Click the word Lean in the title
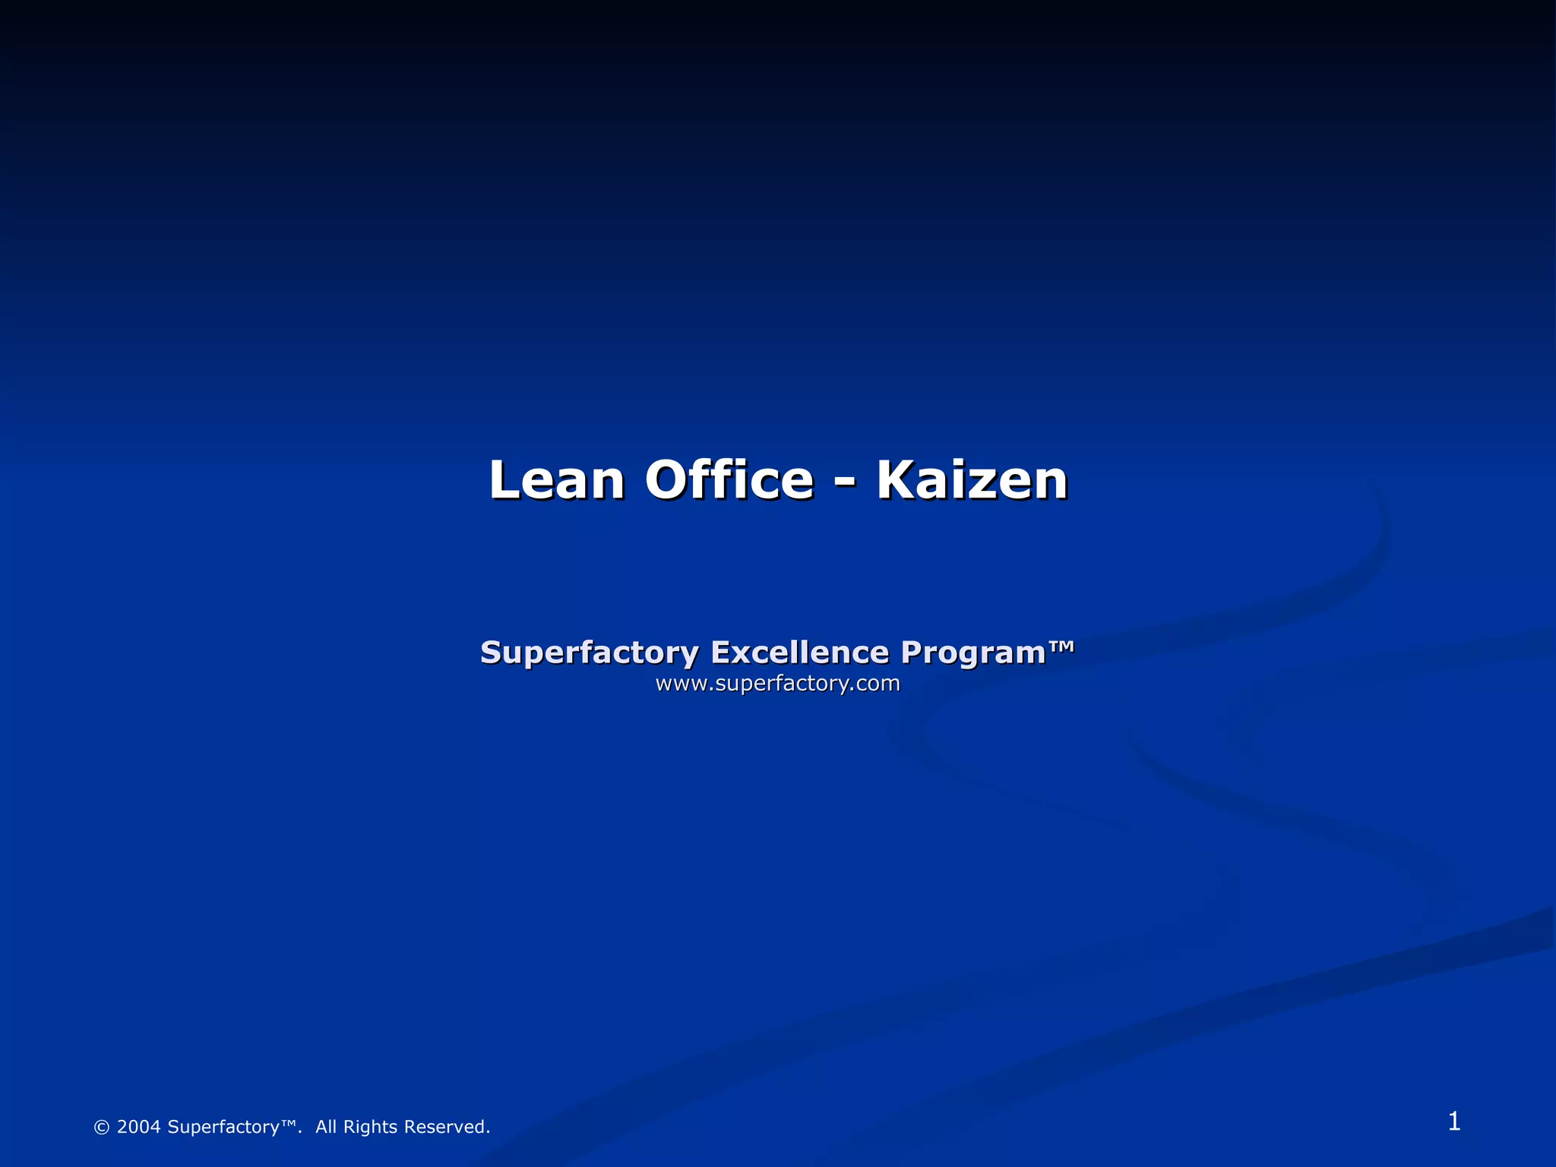556,480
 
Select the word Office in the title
729,480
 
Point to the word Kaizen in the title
972,480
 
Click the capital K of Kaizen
897,480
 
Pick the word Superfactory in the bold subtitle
589,653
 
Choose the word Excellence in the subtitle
799,653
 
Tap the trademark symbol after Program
1061,647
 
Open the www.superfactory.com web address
777,684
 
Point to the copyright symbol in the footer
101,1127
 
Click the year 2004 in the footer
138,1127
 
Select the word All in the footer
326,1127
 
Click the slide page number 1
1453,1121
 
